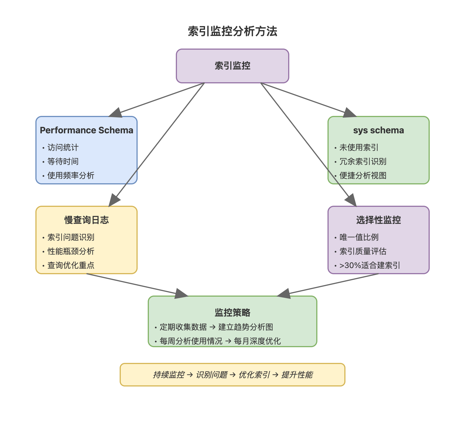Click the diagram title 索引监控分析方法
point(233,31)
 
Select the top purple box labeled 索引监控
point(233,66)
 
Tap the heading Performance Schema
point(87,130)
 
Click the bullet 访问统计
point(63,147)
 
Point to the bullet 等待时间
point(63,161)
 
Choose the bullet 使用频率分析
point(71,175)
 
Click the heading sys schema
point(379,130)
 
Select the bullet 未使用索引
point(359,147)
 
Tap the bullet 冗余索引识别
point(363,161)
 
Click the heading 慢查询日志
point(87,220)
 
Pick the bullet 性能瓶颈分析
point(71,251)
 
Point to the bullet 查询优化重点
point(71,265)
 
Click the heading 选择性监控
point(379,220)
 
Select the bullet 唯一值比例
point(359,237)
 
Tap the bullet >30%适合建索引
point(370,265)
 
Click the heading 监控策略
point(233,312)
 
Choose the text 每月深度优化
point(257,341)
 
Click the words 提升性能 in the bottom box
point(297,375)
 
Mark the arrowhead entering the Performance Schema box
point(116,113)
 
